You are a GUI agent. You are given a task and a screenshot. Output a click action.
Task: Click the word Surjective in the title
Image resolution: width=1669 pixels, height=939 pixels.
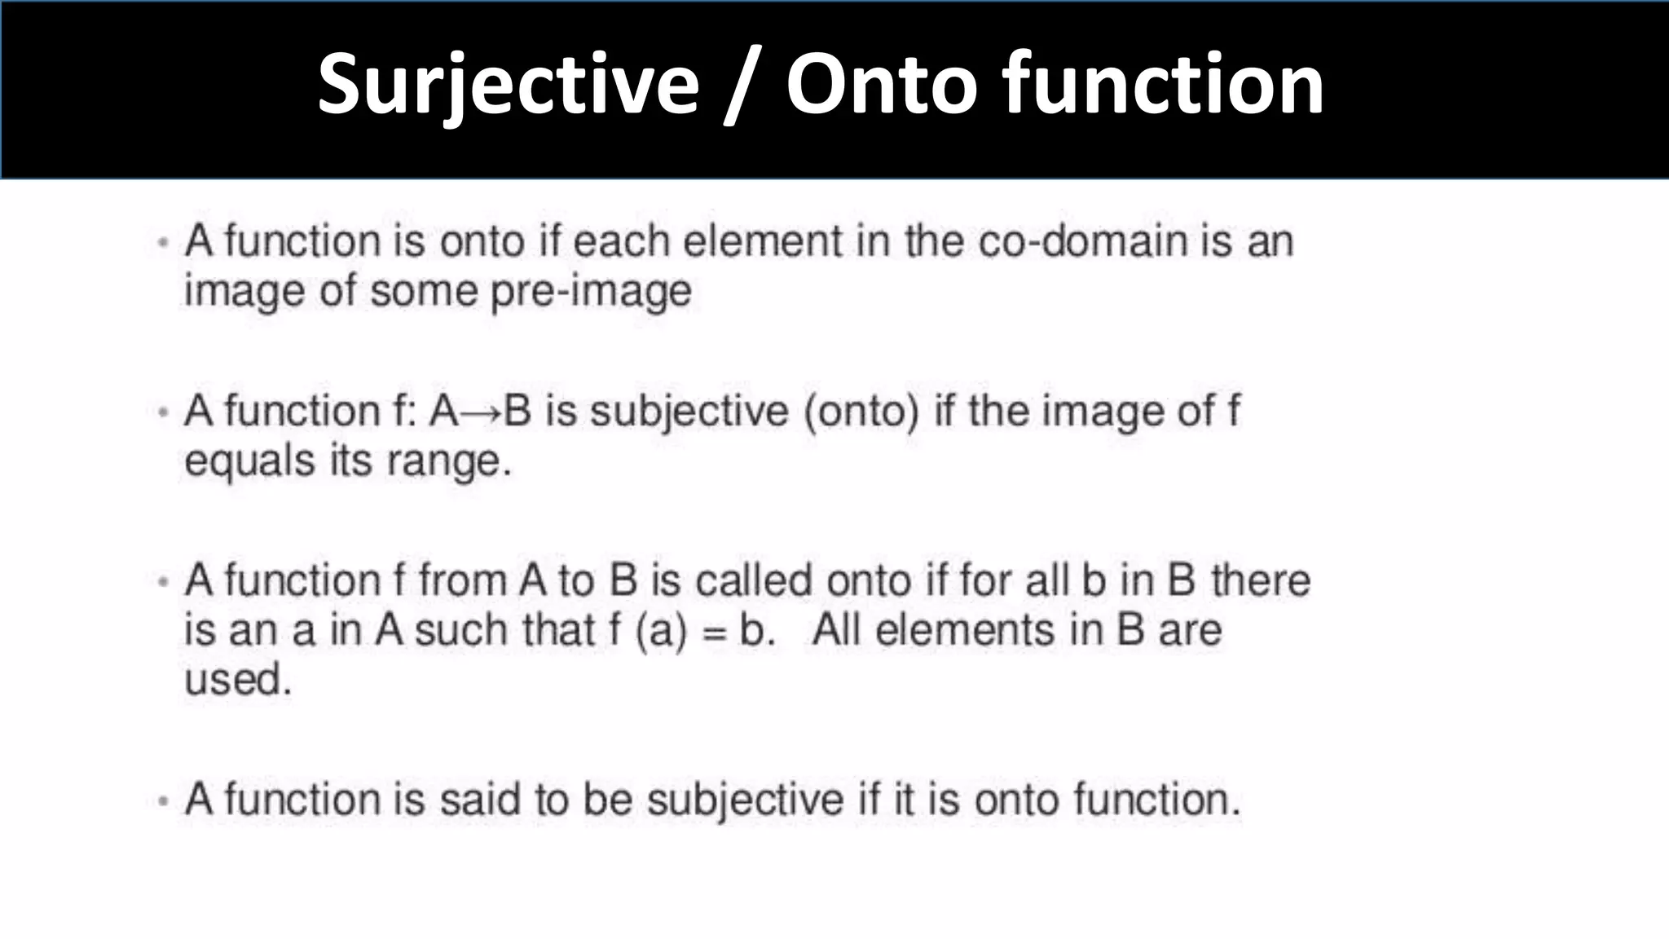click(508, 84)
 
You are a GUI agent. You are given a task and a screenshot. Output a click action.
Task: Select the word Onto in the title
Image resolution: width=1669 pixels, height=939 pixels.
click(881, 84)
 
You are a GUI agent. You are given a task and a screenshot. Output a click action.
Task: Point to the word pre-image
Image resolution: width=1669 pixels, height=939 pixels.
click(591, 292)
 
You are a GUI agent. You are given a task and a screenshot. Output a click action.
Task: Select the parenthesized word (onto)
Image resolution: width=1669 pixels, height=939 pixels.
click(861, 411)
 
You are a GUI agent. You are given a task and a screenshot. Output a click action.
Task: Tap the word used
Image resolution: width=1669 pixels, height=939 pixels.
click(237, 679)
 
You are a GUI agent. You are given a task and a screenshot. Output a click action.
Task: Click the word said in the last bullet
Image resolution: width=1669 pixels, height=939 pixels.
click(479, 799)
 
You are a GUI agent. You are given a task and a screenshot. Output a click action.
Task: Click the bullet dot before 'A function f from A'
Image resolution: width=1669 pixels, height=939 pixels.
click(164, 582)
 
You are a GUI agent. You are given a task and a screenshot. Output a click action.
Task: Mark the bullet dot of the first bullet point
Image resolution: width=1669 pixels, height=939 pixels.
click(164, 243)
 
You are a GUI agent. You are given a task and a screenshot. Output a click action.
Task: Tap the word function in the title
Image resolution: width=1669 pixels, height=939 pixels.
click(1162, 84)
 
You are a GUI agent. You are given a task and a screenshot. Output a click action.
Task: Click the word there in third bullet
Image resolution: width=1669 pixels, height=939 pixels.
click(1260, 581)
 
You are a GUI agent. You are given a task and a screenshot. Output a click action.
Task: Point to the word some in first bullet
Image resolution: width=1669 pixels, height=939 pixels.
click(423, 292)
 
